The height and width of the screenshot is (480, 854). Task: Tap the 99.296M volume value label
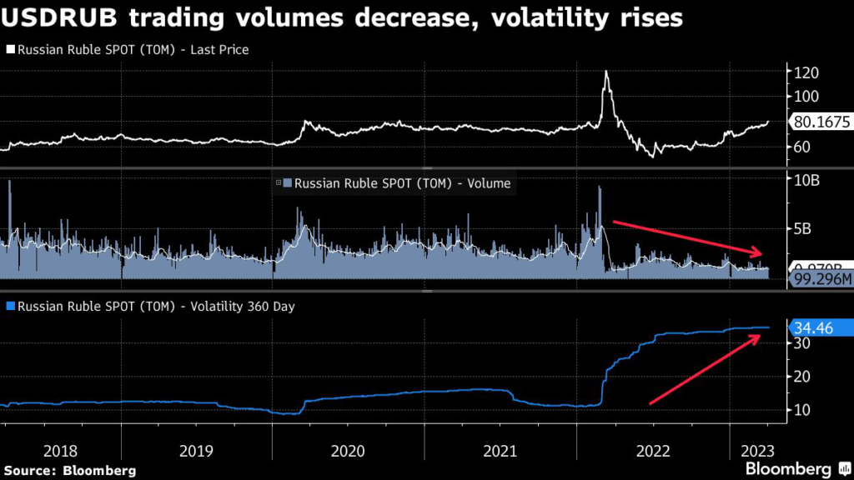(821, 280)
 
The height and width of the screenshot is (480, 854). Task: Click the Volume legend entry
(397, 183)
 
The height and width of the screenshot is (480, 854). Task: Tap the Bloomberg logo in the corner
(793, 470)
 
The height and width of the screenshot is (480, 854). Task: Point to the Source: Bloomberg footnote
(69, 471)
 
